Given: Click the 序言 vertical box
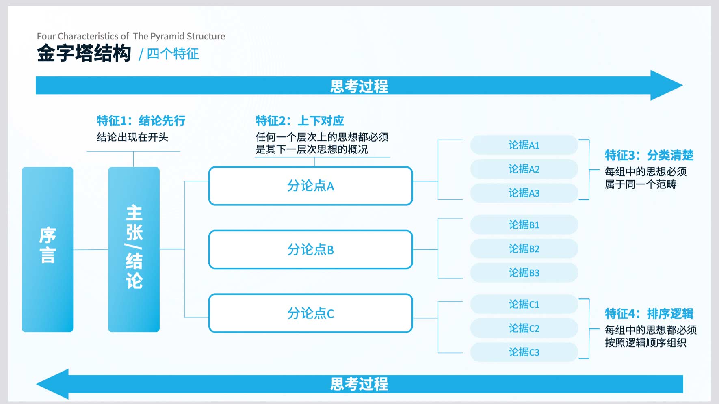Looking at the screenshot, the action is [48, 249].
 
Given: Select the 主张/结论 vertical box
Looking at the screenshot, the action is [134, 249].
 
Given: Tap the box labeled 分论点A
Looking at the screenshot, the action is [311, 186].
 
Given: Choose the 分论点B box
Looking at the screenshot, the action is [311, 249].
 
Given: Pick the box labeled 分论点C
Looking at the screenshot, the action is [311, 313].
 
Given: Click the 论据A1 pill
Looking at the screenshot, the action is [524, 145].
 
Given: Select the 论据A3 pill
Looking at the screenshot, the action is [524, 193].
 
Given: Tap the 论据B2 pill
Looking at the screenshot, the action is [524, 248].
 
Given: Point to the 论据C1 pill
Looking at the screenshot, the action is [524, 304].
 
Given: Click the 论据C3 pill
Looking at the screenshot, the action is [524, 352].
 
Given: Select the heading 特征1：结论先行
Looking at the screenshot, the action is [141, 121].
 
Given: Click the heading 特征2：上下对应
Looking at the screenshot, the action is [300, 121].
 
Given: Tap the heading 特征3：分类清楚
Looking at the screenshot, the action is [649, 155].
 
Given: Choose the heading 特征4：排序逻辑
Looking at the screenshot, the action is [649, 313].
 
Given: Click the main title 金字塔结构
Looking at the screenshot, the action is [84, 53].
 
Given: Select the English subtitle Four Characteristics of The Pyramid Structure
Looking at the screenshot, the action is [131, 36].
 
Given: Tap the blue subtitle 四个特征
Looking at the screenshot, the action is [173, 54].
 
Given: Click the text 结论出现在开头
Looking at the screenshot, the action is [132, 137].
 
